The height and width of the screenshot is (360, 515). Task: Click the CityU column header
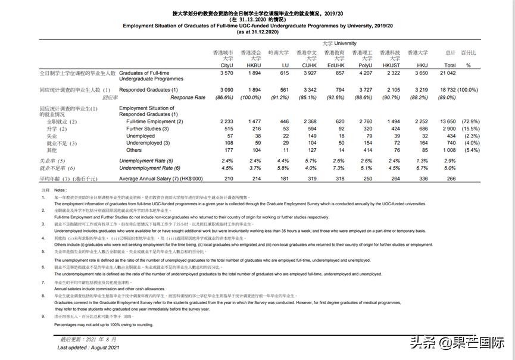click(x=227, y=65)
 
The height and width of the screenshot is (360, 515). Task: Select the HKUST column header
click(x=391, y=65)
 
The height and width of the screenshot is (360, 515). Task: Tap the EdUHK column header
click(x=336, y=65)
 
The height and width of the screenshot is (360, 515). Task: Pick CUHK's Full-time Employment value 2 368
click(x=308, y=121)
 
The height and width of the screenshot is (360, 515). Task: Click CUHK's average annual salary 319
click(x=310, y=179)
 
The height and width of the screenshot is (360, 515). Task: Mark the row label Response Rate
click(x=188, y=98)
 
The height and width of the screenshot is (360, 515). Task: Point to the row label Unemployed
click(x=141, y=136)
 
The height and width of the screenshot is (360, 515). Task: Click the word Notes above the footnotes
click(x=61, y=190)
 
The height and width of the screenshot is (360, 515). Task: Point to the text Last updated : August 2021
click(x=89, y=348)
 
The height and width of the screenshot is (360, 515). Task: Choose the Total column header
click(x=450, y=65)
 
